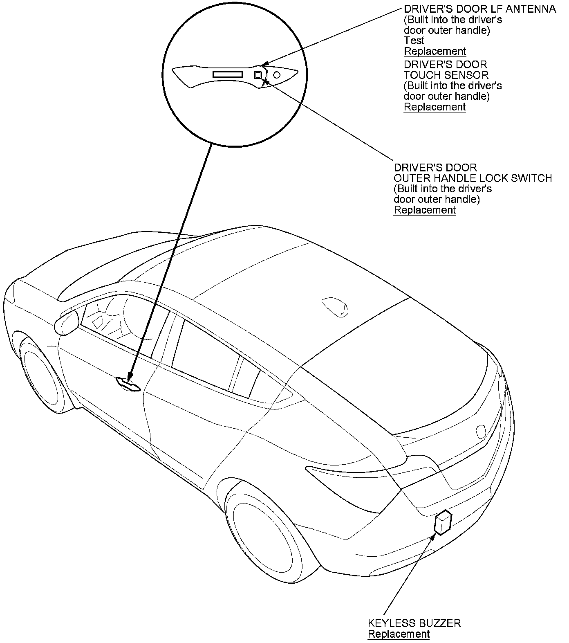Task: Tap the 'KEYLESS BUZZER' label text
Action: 414,623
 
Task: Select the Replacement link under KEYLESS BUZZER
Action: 399,634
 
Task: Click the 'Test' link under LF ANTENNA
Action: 414,40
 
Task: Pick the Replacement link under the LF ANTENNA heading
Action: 435,51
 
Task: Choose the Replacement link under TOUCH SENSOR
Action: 435,107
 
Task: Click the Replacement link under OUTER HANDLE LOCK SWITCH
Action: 424,210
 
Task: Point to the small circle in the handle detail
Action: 277,75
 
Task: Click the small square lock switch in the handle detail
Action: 258,75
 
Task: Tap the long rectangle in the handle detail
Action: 228,74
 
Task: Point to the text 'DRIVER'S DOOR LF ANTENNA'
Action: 480,9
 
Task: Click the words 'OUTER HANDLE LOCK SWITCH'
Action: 473,178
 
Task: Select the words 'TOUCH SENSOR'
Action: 446,75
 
